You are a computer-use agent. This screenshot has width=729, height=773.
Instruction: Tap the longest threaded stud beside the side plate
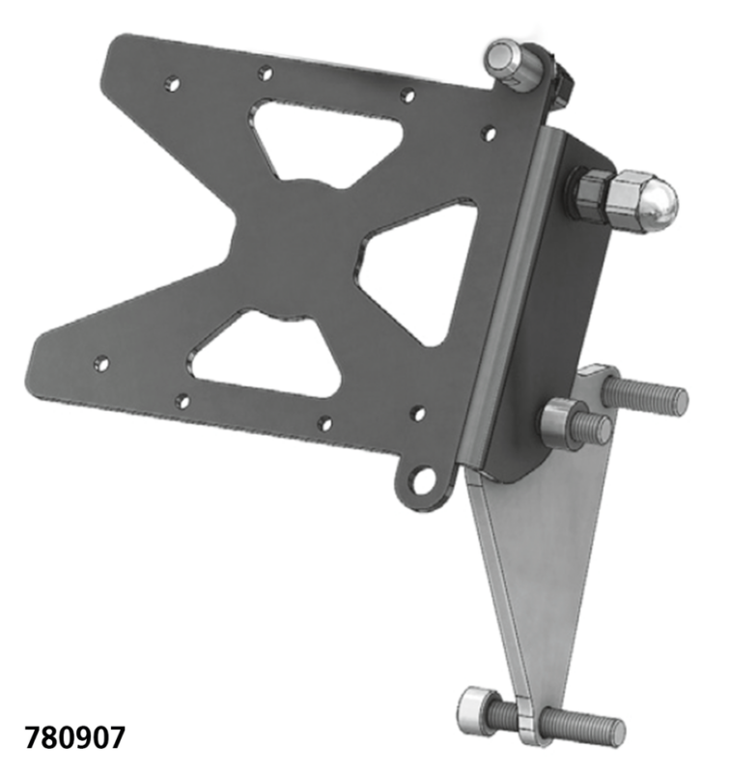pyautogui.click(x=646, y=394)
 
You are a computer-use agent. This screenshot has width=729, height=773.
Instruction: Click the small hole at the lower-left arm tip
pyautogui.click(x=99, y=364)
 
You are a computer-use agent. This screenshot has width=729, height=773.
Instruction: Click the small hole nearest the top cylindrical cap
pyautogui.click(x=490, y=130)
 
